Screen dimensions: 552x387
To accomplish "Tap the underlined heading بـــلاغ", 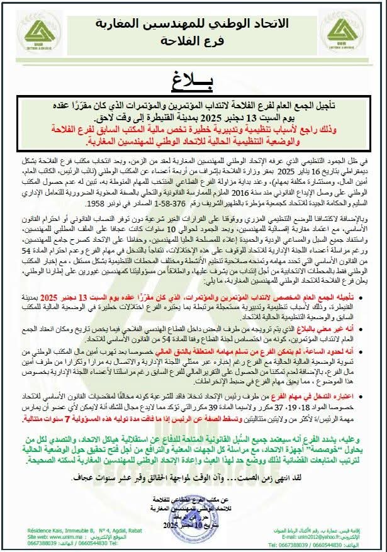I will [x=193, y=80].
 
